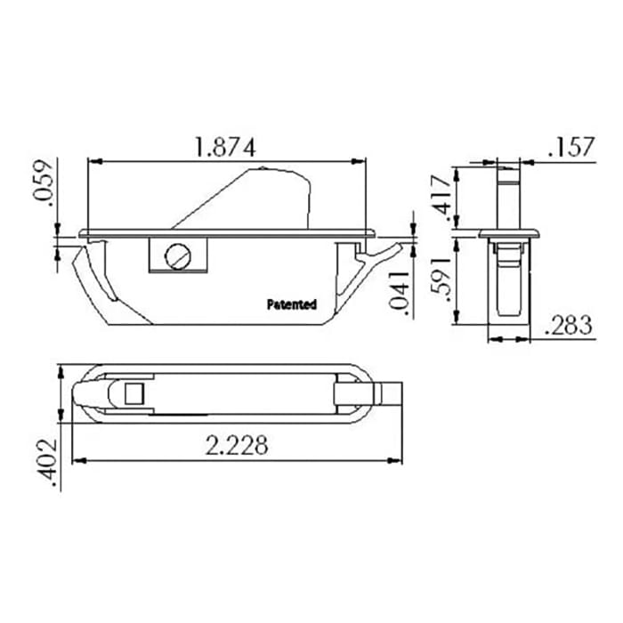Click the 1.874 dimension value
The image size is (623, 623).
tap(225, 148)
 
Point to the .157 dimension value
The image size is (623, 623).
tap(570, 147)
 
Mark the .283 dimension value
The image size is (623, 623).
tap(567, 325)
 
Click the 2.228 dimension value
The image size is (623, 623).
tap(236, 445)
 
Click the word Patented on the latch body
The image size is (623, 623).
tap(291, 304)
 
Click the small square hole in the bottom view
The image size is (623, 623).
tap(134, 392)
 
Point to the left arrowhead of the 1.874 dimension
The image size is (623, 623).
tap(93, 161)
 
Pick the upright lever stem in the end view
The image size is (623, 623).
tap(508, 196)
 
